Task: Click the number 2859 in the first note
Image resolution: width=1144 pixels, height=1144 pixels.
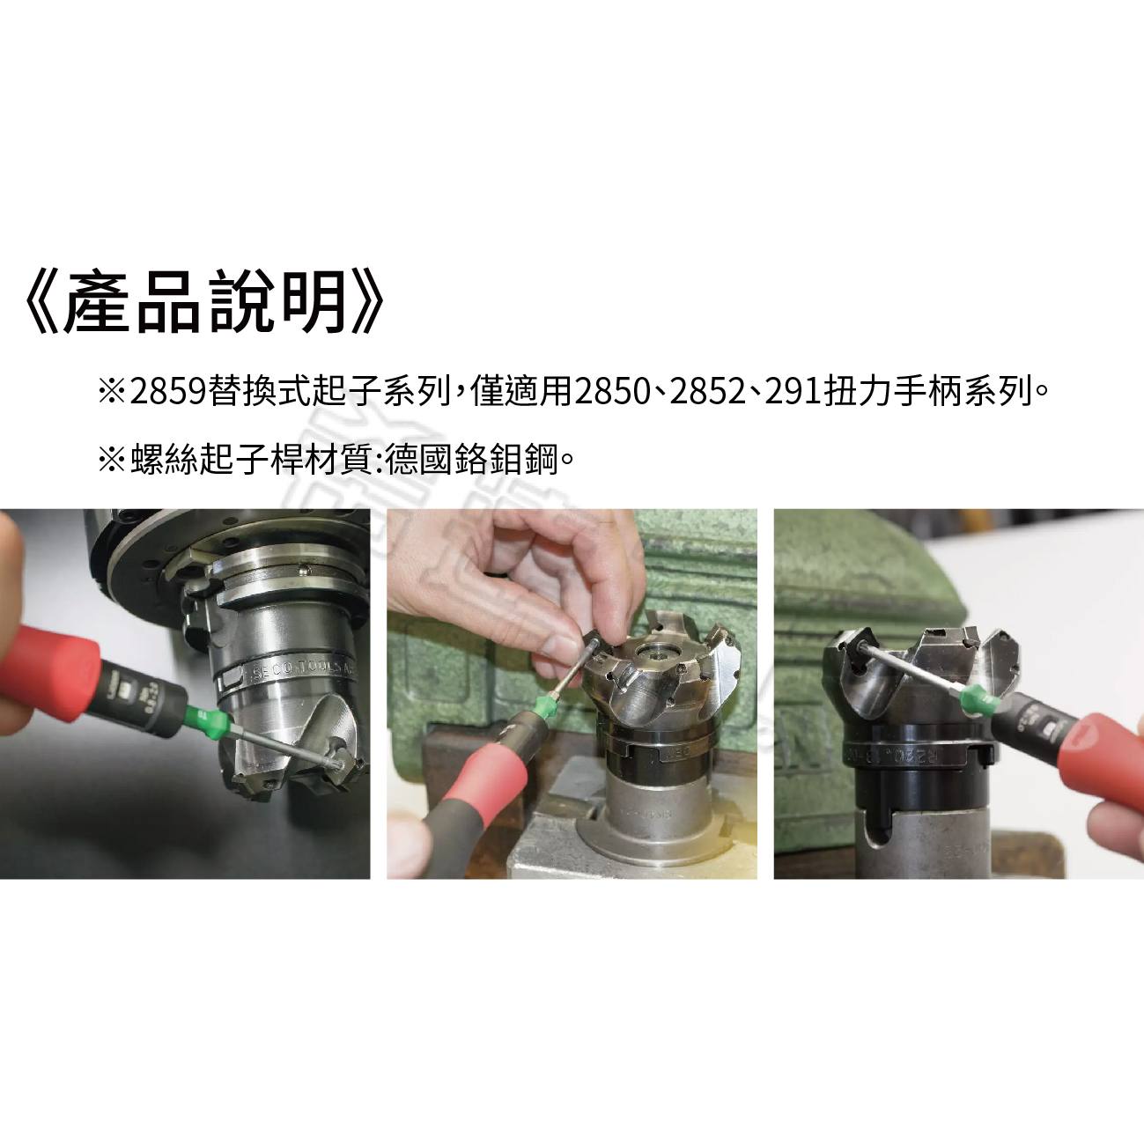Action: click(169, 391)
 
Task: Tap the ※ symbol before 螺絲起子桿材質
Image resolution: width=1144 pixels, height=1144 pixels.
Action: click(112, 459)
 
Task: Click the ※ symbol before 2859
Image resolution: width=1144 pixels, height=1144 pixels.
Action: click(112, 391)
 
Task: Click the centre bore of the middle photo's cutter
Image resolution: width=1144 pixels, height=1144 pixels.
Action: click(657, 653)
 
